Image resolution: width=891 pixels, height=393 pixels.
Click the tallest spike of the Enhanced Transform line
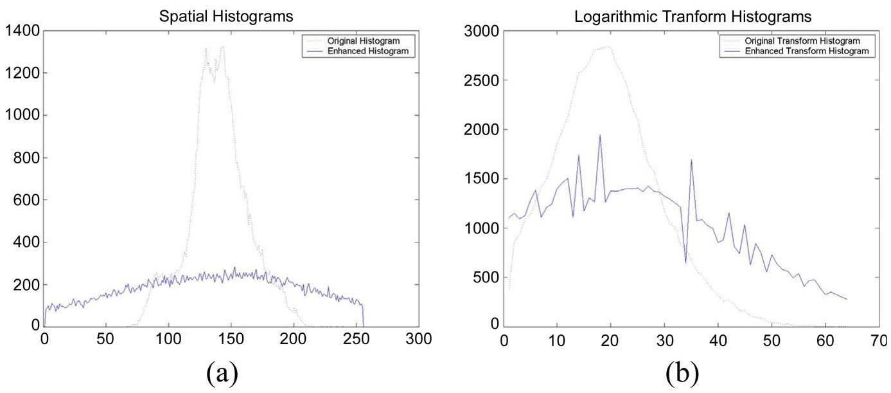[600, 135]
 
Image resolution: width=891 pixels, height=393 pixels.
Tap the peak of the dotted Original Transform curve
[606, 46]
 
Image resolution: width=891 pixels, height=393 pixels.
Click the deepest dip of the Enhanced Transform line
[685, 262]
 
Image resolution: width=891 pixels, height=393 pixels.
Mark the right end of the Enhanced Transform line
[847, 299]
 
